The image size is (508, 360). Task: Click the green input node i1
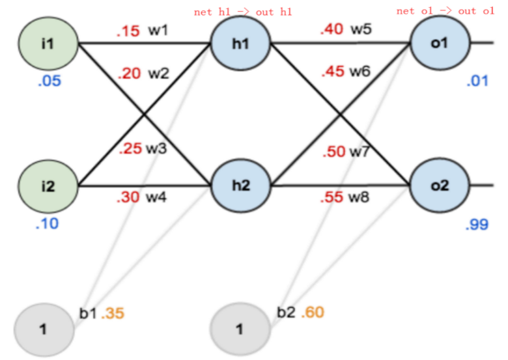pos(48,45)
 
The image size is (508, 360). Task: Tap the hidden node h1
pos(240,45)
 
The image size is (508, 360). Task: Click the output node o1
pos(440,43)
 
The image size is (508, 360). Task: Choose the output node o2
pos(440,186)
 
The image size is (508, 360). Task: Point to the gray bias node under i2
pos(44,329)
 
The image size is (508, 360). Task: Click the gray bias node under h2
pos(240,329)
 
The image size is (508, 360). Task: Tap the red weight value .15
pos(128,31)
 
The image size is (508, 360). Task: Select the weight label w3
pos(156,148)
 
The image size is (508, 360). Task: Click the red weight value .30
pos(128,196)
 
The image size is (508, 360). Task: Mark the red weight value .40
pos(332,29)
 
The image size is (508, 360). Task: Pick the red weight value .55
pos(332,197)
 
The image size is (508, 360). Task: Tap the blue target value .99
pos(477,225)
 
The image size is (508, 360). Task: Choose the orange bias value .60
pos(312,312)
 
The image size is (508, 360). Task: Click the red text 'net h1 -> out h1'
pos(244,12)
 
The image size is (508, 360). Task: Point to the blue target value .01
pos(477,81)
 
